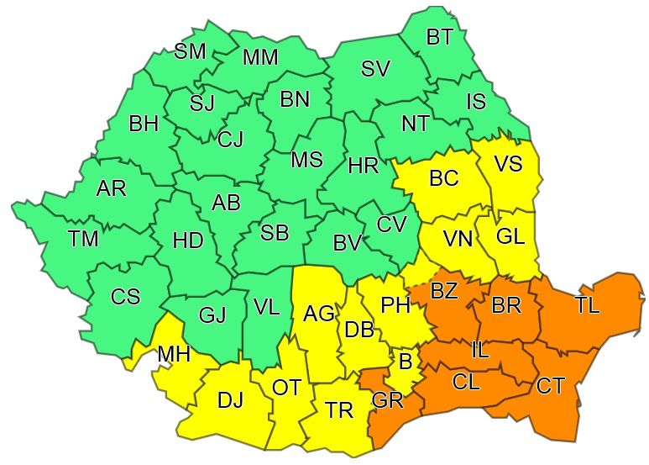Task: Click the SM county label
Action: [190, 51]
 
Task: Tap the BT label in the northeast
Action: [439, 37]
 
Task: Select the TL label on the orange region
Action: [588, 306]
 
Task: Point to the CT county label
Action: [551, 386]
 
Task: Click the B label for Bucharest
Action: [406, 362]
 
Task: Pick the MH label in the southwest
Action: [174, 356]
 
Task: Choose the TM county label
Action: [83, 240]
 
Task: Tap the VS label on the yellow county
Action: [507, 164]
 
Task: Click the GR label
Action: [388, 401]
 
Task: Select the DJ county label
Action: [230, 401]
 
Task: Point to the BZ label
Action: [444, 291]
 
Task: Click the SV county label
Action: [375, 69]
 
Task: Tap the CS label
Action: [125, 298]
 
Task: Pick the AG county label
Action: [319, 314]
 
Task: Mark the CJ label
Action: [230, 140]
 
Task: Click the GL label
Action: [510, 237]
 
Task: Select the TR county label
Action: [339, 410]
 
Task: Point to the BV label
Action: [347, 244]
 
